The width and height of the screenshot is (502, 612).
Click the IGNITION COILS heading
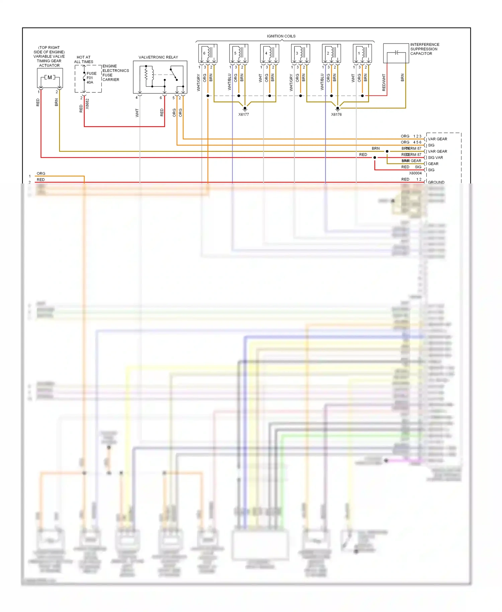(x=281, y=36)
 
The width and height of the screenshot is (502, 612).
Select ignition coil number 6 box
(x=208, y=53)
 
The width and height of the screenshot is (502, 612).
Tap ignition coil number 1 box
(x=362, y=53)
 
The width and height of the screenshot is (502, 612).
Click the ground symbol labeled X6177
(x=245, y=108)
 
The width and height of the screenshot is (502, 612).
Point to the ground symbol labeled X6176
(x=338, y=108)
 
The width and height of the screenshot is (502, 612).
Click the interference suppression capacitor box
(x=396, y=53)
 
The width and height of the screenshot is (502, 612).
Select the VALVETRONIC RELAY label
(x=158, y=57)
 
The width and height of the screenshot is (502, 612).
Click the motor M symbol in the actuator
(x=50, y=78)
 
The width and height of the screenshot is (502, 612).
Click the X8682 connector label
(x=87, y=103)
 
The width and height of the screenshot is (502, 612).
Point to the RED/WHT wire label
(x=384, y=82)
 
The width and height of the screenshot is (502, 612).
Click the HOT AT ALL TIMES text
(x=84, y=60)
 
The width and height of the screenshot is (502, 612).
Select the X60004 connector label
(x=415, y=173)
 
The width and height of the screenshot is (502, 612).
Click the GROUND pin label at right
(x=436, y=182)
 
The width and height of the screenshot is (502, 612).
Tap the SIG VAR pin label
(x=435, y=158)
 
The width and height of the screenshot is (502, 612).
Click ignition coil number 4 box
(x=270, y=53)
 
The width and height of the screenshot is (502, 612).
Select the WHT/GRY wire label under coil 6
(x=198, y=83)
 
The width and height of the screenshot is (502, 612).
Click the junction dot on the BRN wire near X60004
(x=387, y=151)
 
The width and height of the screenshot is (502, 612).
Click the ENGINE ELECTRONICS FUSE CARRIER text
(x=115, y=73)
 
